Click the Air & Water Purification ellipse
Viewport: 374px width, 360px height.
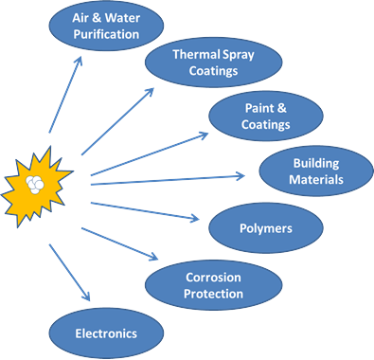(x=106, y=26)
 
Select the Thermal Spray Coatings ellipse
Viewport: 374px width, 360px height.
(x=213, y=63)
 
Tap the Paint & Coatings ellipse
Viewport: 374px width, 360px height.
(x=266, y=117)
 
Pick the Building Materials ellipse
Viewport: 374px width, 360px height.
(x=316, y=171)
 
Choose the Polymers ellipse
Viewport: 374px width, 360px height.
(x=266, y=228)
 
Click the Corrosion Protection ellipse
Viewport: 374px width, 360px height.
(x=213, y=285)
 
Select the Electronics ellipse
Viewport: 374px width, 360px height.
(x=106, y=333)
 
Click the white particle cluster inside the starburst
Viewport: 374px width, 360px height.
(x=35, y=185)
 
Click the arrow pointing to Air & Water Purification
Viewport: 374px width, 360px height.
(x=65, y=95)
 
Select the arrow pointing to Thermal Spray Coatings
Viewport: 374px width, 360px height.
(x=117, y=121)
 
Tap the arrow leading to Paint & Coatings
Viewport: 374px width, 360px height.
(x=150, y=154)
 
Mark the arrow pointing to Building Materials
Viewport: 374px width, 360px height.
(x=168, y=180)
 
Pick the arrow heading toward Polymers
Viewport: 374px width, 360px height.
(x=145, y=210)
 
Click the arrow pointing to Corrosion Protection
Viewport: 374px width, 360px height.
(x=120, y=243)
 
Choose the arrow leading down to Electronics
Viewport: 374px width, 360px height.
(x=69, y=272)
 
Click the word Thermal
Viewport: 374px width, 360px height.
(x=196, y=54)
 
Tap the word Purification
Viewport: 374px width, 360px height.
(x=106, y=34)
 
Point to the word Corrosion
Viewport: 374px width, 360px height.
(x=213, y=278)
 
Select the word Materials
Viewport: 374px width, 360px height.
(x=316, y=180)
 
